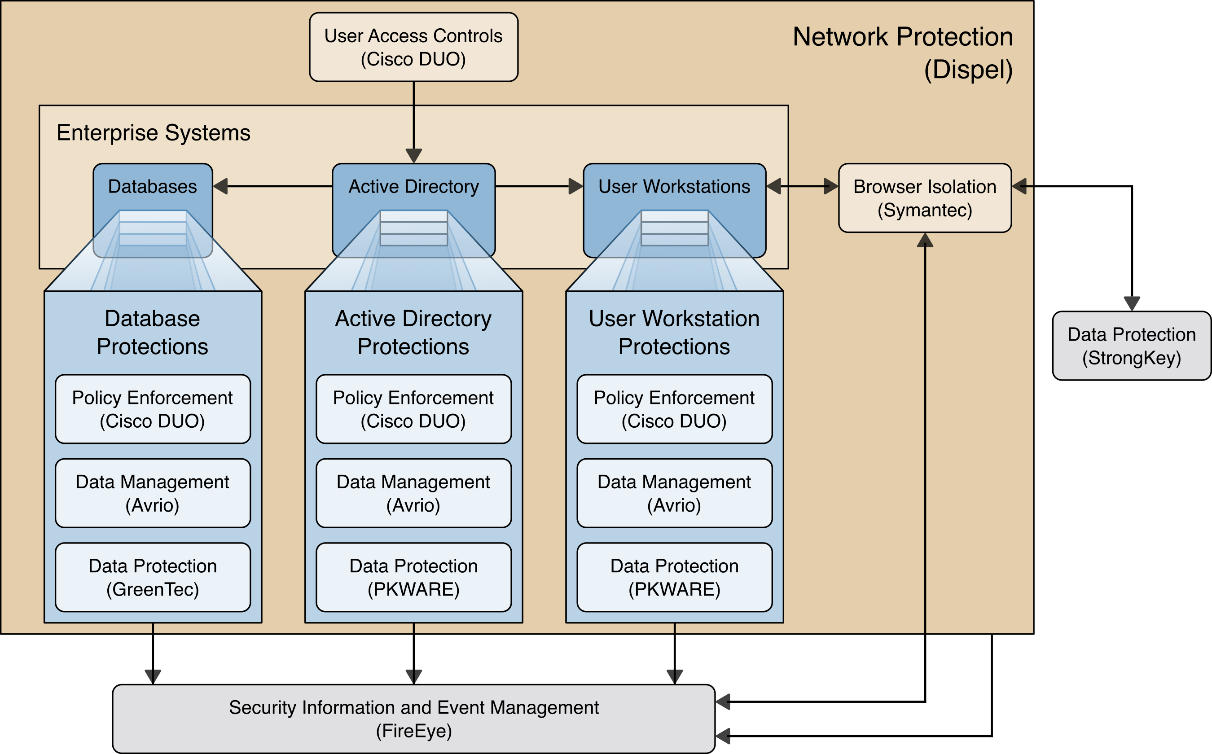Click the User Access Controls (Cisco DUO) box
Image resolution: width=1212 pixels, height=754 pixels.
413,48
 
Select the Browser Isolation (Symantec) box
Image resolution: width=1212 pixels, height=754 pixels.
925,198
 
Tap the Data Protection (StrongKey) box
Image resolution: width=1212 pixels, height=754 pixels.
1131,346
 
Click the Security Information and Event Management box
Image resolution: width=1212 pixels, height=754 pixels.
413,719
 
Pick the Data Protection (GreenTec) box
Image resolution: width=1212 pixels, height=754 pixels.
153,578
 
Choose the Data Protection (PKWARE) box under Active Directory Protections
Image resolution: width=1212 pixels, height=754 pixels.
413,578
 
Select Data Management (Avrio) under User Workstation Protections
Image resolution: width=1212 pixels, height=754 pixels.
674,493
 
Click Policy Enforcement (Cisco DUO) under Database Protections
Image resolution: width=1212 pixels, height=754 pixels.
153,409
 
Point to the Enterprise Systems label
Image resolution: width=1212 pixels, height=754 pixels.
153,133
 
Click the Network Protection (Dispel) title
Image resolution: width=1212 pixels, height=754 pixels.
903,53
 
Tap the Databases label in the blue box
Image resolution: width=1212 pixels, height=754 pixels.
153,187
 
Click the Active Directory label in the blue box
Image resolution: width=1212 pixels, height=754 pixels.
413,187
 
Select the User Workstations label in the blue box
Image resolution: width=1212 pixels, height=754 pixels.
674,187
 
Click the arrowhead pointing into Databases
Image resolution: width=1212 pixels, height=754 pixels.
220,187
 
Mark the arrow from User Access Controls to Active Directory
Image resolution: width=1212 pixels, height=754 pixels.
413,120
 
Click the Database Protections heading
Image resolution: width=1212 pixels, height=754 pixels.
153,332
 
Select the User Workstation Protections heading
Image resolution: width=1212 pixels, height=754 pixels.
674,332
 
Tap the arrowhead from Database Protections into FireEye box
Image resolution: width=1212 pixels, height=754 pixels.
153,677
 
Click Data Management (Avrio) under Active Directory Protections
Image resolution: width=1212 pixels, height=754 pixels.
413,493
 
